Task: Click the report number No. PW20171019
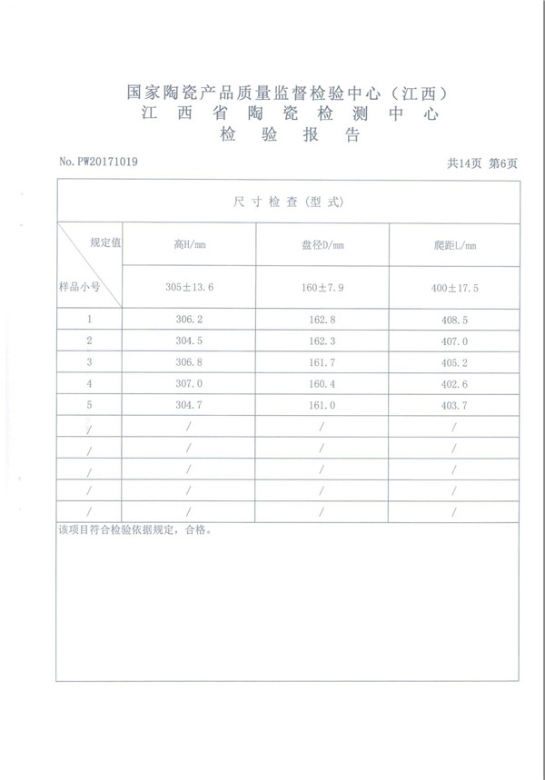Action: coord(99,162)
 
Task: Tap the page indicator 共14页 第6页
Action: coord(482,163)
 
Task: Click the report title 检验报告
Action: coord(291,136)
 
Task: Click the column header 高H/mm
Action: coord(190,243)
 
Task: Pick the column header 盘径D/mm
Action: coord(322,244)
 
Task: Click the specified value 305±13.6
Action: coord(190,287)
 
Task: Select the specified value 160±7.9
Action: coord(322,287)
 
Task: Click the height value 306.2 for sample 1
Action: coord(190,320)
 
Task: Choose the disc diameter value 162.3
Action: coord(322,341)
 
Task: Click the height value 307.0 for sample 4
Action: coord(190,383)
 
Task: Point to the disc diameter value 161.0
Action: coord(322,404)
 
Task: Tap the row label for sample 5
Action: coord(89,404)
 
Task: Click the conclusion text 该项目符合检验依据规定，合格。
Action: coord(134,529)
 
